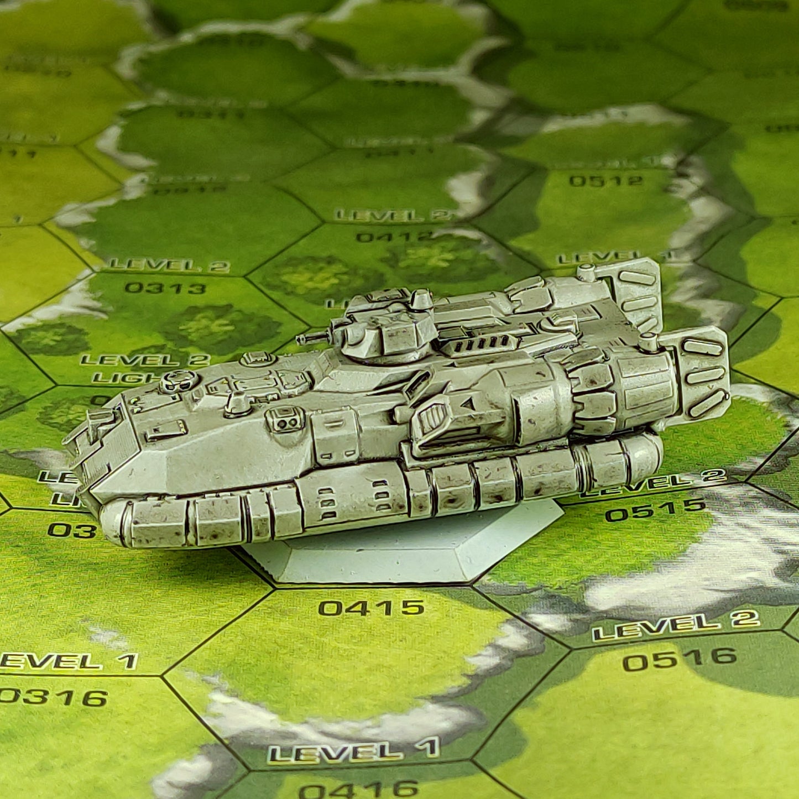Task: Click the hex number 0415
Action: click(371, 608)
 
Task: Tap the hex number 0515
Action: click(656, 509)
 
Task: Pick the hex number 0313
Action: click(158, 288)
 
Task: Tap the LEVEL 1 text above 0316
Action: click(69, 661)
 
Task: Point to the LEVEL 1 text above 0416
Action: click(354, 751)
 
